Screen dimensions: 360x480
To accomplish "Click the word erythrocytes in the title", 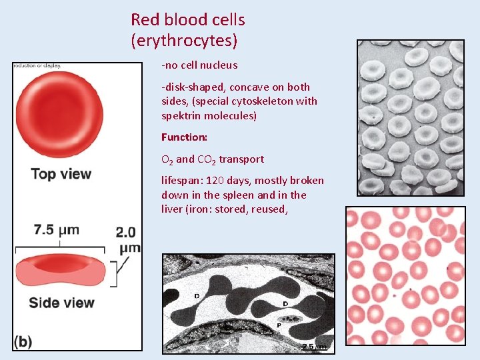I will (x=184, y=41).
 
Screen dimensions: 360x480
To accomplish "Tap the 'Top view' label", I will (x=61, y=174).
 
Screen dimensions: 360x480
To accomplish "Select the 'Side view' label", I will (x=61, y=302).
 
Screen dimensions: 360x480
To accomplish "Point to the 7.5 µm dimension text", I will (x=57, y=230).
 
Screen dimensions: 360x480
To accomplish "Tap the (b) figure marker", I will (x=23, y=341).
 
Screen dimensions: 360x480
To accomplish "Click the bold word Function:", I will (x=185, y=137).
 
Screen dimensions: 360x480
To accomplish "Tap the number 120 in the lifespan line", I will (x=215, y=180).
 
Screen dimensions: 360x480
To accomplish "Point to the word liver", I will (x=172, y=209).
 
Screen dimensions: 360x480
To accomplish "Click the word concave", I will (x=258, y=87).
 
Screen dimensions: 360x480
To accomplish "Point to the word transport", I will (x=241, y=159).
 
